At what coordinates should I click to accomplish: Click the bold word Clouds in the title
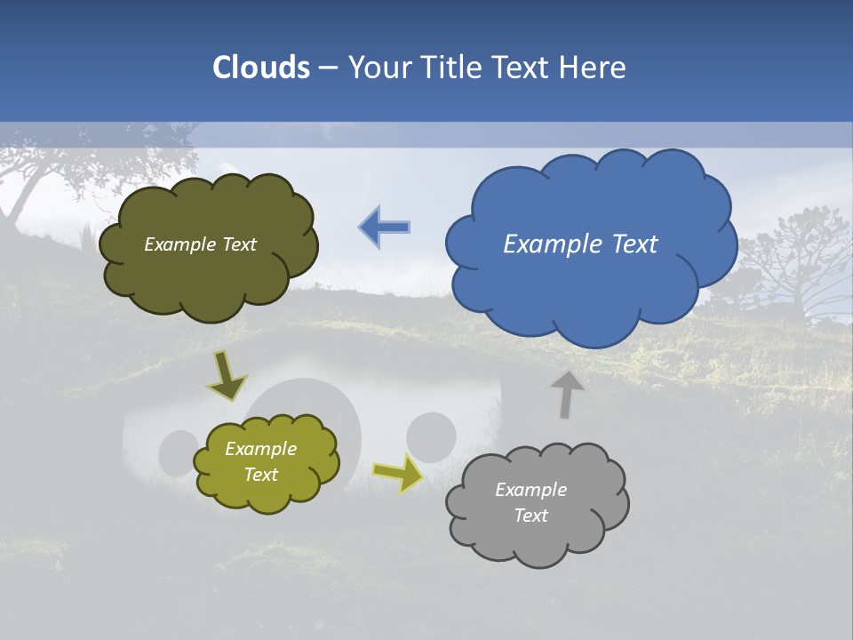pos(261,68)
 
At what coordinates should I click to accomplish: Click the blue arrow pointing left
pos(385,228)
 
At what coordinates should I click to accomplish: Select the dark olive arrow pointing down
pos(227,377)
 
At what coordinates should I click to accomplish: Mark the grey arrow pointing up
pos(566,393)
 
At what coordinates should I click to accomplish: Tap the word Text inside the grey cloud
pos(530,516)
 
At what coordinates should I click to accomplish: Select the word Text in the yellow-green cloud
pos(260,475)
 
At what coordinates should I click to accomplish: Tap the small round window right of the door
pos(432,436)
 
